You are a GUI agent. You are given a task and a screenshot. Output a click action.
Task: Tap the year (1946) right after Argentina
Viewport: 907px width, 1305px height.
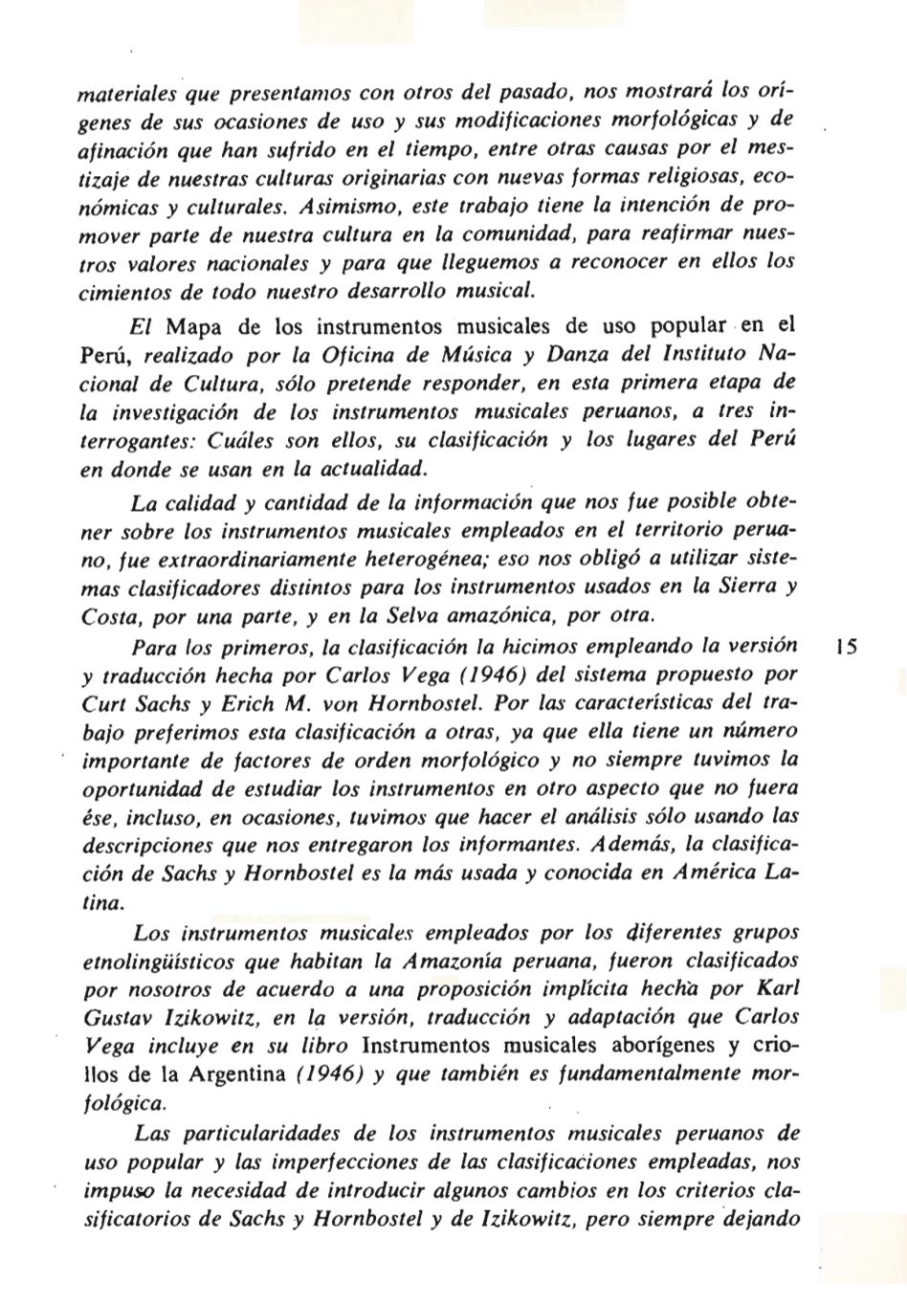point(328,1073)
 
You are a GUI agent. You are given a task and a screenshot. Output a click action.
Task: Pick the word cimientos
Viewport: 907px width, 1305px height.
point(119,291)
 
